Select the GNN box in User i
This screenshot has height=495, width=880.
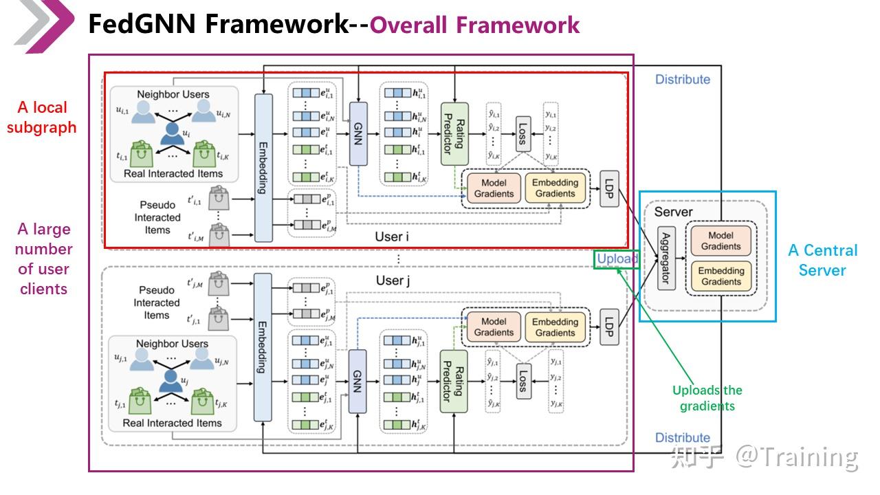click(358, 133)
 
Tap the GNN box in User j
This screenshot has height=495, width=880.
click(357, 382)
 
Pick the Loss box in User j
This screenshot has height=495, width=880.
click(522, 381)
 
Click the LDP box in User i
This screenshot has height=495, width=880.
click(609, 189)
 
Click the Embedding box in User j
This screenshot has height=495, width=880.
click(263, 346)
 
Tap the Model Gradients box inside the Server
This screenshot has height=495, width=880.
click(721, 241)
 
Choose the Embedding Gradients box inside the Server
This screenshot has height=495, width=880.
click(721, 276)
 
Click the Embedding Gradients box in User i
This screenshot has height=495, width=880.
click(555, 188)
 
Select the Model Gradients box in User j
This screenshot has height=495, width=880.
click(494, 327)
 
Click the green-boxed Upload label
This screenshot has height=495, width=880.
click(617, 259)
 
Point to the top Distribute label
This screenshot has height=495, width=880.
click(682, 80)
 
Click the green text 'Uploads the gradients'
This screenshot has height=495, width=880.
click(707, 398)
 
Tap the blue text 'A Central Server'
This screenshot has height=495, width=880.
click(822, 260)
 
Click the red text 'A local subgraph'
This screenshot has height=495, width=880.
click(42, 118)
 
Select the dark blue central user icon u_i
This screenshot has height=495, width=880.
click(171, 132)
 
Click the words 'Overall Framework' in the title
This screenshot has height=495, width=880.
click(474, 25)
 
